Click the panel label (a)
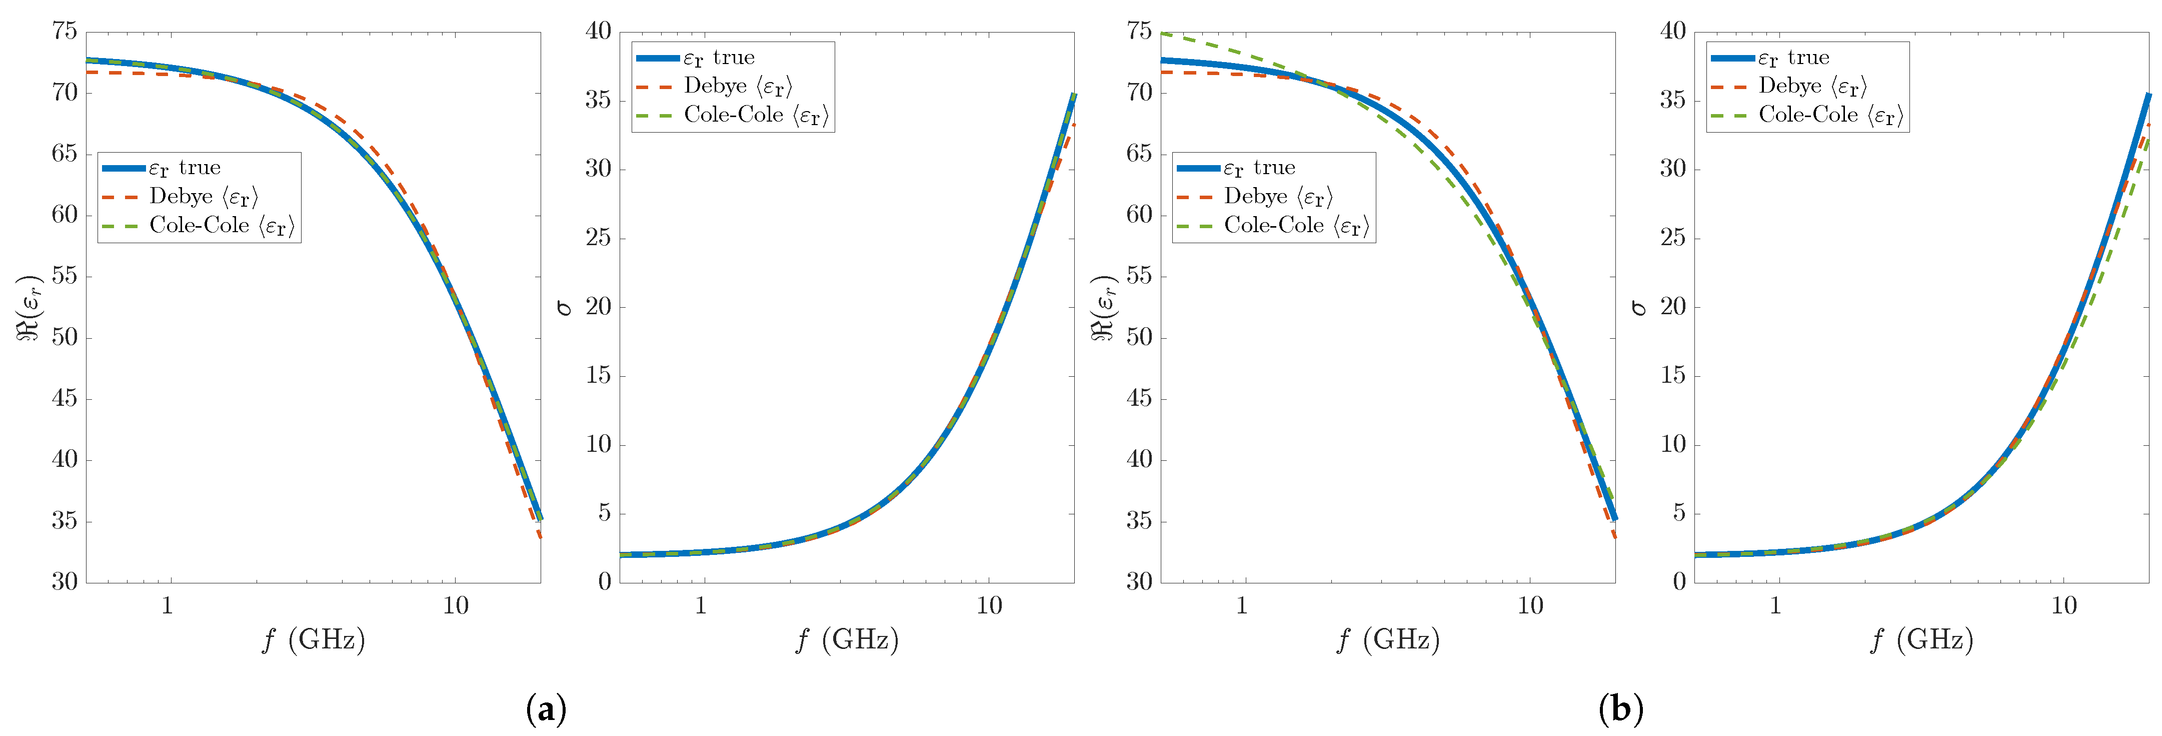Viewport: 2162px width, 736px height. (546, 709)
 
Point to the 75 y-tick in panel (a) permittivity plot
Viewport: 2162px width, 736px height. (65, 32)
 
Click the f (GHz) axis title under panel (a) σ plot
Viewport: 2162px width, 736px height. (847, 640)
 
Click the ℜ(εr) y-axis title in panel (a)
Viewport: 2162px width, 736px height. (30, 307)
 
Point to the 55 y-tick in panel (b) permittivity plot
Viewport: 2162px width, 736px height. (1139, 276)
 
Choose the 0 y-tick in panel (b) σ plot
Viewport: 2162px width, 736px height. (1678, 581)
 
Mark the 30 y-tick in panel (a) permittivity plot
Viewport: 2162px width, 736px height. (65, 581)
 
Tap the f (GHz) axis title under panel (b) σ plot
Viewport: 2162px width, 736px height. (1922, 640)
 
